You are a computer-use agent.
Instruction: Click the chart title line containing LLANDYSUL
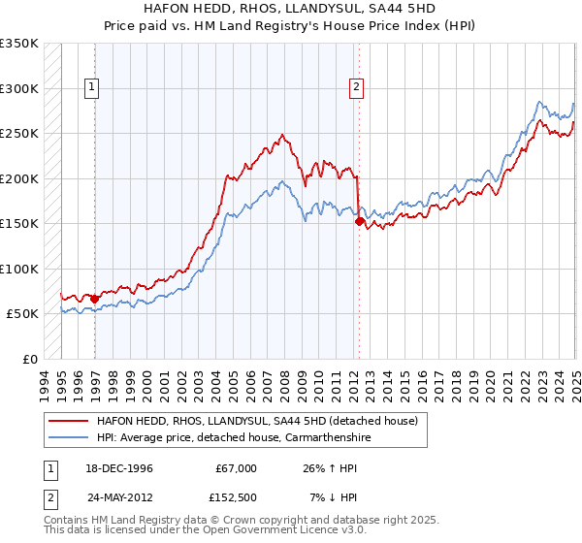point(291,10)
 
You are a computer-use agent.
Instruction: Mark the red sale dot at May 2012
point(360,221)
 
